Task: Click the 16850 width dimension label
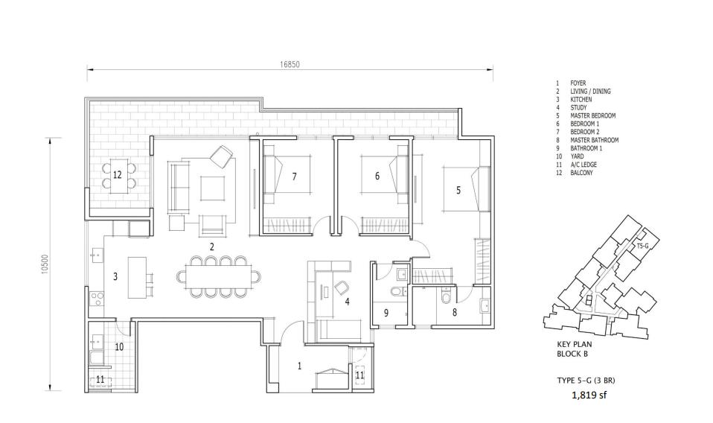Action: point(290,65)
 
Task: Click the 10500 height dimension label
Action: point(44,264)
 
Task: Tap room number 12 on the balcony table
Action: point(118,175)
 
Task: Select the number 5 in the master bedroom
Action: point(458,190)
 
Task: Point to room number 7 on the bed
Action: point(294,176)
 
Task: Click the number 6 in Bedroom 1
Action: point(377,176)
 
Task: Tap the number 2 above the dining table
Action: point(212,247)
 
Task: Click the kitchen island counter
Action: point(137,278)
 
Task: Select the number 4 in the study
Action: point(347,301)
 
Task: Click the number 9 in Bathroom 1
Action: point(386,313)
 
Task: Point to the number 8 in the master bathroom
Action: point(454,312)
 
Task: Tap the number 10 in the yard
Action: point(119,347)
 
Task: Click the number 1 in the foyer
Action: point(299,366)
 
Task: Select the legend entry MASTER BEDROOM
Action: point(593,115)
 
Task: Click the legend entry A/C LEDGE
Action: point(583,165)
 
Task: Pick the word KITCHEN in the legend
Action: point(581,99)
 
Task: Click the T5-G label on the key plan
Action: point(642,246)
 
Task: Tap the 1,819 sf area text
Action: point(589,395)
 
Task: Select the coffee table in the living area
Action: point(212,188)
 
